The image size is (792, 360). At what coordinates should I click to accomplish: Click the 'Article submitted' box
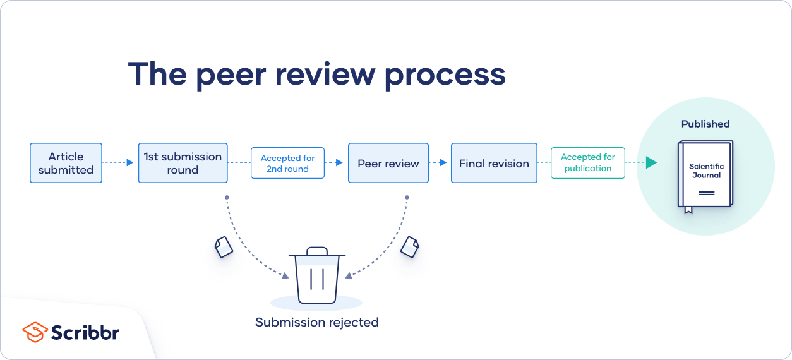point(66,163)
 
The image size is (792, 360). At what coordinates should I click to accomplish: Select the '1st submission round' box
point(183,163)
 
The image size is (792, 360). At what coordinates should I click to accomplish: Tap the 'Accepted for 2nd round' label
point(287,164)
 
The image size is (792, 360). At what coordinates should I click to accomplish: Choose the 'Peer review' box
point(388,164)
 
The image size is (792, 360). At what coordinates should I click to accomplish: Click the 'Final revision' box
point(494,164)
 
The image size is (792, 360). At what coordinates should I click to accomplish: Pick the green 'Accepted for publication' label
point(587,163)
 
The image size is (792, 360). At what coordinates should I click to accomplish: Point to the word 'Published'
point(705,124)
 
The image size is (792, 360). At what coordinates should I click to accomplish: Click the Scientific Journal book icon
point(705,174)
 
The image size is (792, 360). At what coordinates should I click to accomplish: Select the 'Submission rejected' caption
point(317,323)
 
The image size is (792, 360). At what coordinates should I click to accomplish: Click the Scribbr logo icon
point(35,332)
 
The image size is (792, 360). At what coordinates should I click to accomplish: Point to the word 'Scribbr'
point(85,333)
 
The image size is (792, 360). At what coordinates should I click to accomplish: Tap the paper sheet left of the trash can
point(224,246)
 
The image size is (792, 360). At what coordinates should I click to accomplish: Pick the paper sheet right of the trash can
point(410,246)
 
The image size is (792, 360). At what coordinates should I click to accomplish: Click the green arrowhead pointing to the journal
point(651,163)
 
